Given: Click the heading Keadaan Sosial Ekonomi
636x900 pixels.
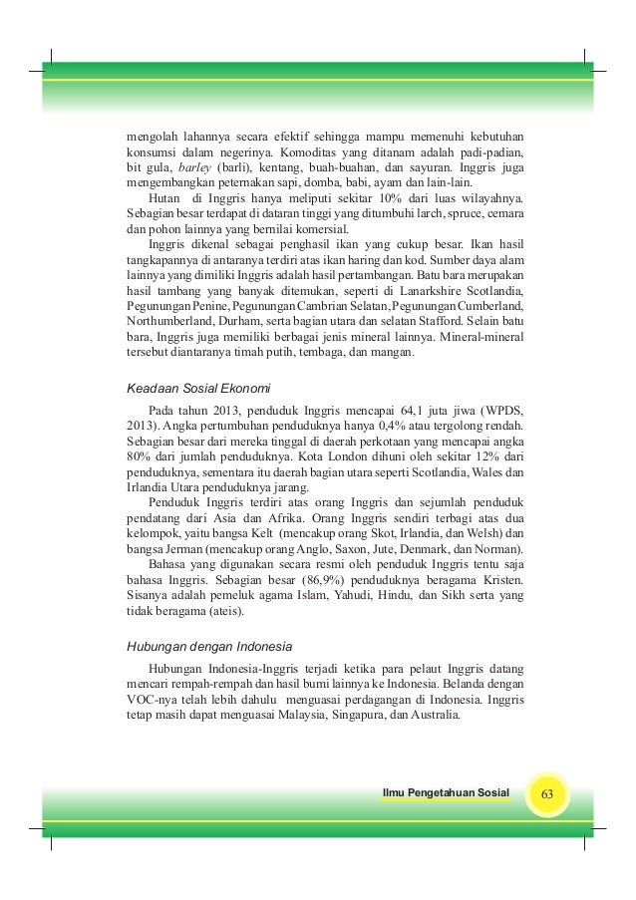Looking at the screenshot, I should click(x=197, y=387).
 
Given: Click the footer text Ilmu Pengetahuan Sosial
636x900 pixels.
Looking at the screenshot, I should click(x=445, y=793).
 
